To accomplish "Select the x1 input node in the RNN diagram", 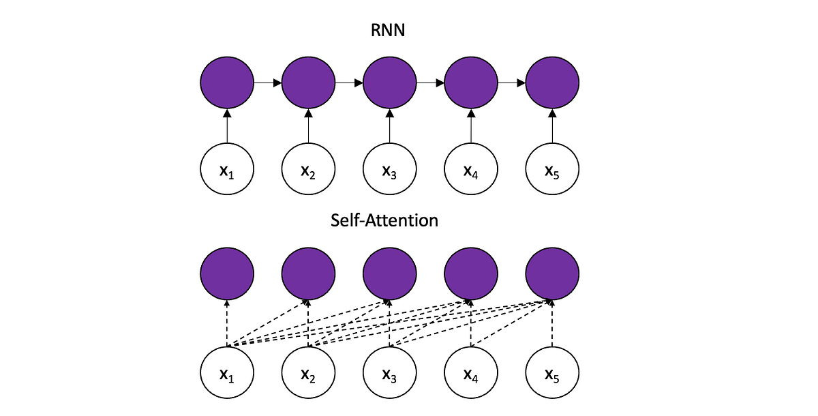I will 227,170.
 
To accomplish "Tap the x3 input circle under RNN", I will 389,170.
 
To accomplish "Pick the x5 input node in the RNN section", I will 552,170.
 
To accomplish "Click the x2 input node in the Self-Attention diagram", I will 308,374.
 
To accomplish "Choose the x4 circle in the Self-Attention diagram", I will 471,374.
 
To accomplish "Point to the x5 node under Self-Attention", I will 552,374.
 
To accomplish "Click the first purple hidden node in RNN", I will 227,83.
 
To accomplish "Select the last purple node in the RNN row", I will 552,83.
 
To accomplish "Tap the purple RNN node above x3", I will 389,83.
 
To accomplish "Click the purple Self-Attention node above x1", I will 227,274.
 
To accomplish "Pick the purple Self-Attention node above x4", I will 471,274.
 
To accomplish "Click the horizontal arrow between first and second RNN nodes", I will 267,83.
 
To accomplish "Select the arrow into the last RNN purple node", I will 511,83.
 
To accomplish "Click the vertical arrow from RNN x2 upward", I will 308,126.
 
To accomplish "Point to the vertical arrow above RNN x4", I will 471,126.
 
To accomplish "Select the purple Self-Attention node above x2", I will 308,274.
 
